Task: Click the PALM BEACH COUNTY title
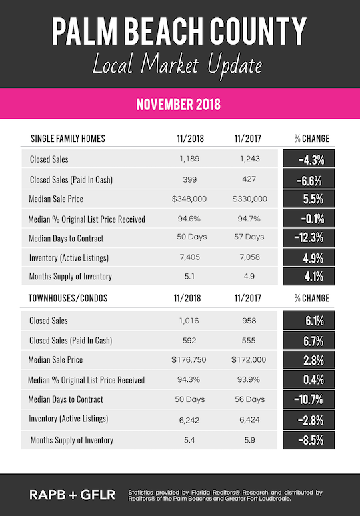click(179, 31)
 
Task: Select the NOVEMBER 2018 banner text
click(178, 105)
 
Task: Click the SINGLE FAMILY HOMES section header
click(68, 139)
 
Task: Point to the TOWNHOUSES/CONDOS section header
click(67, 300)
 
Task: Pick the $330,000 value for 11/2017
click(249, 199)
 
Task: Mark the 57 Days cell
click(249, 237)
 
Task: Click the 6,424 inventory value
click(249, 420)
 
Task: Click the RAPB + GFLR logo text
click(73, 495)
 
